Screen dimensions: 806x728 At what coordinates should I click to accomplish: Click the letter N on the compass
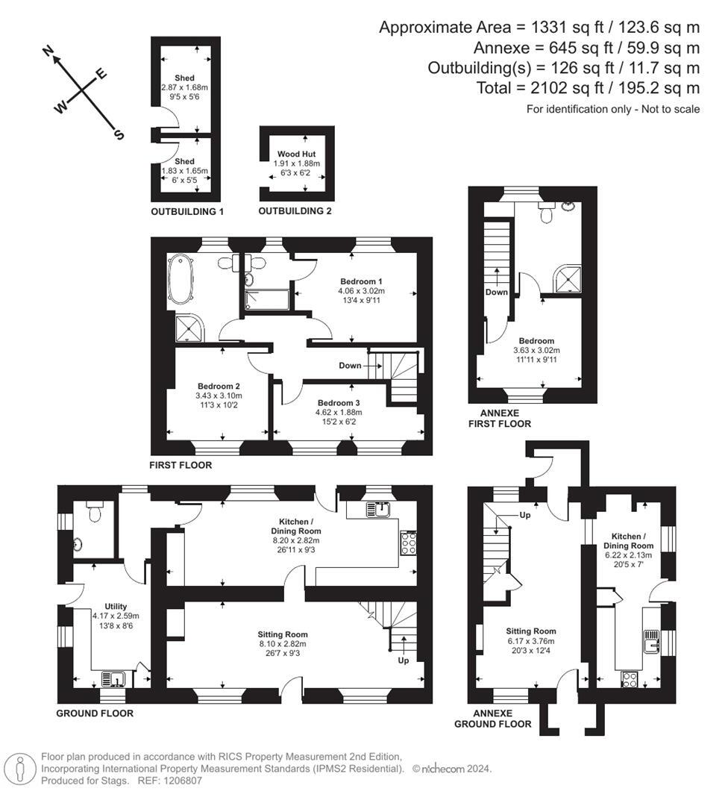[49, 51]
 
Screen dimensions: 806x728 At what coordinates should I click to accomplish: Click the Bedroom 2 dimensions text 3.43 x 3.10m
[219, 396]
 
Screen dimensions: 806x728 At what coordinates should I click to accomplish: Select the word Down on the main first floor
[350, 366]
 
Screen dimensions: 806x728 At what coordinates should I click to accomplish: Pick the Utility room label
[116, 607]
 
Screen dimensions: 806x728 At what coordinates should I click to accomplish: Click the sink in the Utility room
[116, 679]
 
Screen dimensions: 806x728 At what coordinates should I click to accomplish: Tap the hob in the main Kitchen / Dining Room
[409, 543]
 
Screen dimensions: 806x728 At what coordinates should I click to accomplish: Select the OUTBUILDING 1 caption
[187, 212]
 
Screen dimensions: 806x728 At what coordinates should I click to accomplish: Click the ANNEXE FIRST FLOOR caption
[499, 418]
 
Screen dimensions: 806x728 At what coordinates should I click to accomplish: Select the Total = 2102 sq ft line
[588, 88]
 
